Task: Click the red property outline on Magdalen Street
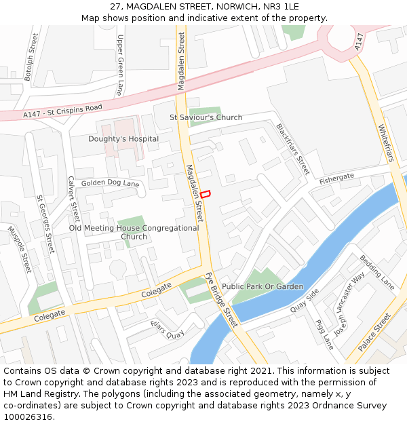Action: [205, 193]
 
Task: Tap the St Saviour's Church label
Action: [206, 117]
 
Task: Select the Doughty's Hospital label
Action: [123, 139]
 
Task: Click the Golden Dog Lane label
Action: [110, 184]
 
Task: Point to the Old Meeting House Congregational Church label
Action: [134, 232]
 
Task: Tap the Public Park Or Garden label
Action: [263, 286]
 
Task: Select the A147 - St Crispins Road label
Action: [62, 111]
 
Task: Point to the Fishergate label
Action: [337, 178]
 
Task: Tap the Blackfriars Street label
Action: [292, 148]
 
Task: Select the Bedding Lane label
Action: [376, 272]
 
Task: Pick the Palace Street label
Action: [374, 332]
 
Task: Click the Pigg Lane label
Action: [325, 334]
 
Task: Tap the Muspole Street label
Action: [20, 249]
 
